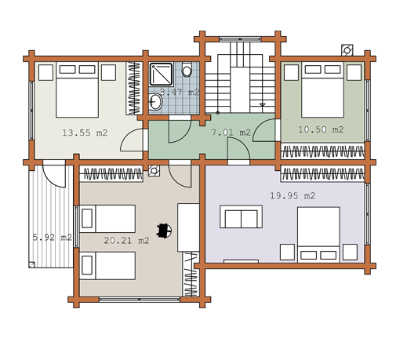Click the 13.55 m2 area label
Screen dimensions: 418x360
[85, 133]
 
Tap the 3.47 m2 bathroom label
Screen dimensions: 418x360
[180, 93]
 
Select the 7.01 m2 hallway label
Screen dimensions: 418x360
[231, 133]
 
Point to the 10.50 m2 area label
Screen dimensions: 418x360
[321, 129]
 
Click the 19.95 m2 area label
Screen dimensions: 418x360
[293, 196]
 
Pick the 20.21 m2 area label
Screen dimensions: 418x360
[126, 241]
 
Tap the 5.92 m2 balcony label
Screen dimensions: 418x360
[53, 237]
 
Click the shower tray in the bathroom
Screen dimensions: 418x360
[161, 74]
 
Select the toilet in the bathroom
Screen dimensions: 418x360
[187, 69]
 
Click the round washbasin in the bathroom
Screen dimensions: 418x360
[155, 102]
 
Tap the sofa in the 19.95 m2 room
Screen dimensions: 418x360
[241, 216]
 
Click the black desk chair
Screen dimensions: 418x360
[164, 231]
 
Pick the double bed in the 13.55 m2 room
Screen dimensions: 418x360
[78, 89]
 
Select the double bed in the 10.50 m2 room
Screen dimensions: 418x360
[322, 89]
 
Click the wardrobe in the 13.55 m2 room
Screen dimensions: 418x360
[134, 89]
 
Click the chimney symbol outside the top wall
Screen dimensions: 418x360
[347, 50]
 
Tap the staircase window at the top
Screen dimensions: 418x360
[240, 39]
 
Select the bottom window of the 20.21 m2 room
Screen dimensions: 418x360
[140, 300]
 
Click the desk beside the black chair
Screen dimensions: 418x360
[188, 227]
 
